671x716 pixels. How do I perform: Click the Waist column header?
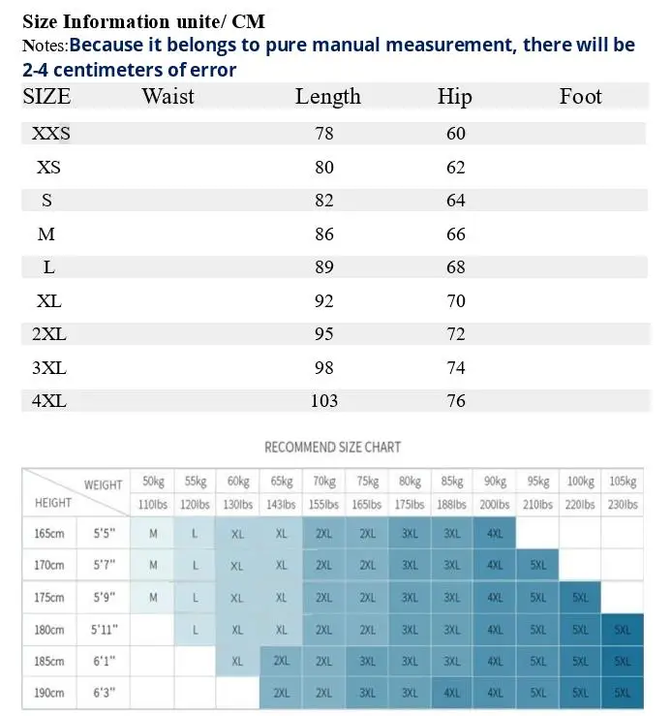[168, 96]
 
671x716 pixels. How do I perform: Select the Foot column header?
[581, 96]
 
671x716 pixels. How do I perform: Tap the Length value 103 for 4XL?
[324, 401]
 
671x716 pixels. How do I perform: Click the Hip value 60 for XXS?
[455, 134]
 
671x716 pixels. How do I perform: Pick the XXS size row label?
[51, 134]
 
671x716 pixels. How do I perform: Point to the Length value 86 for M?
[324, 234]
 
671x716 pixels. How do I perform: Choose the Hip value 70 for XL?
[455, 301]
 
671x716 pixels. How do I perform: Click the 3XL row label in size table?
[49, 367]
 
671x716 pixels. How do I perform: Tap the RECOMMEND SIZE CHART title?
[333, 447]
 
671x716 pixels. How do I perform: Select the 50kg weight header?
[153, 482]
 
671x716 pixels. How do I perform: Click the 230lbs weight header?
[623, 505]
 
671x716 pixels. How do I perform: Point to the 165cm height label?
[49, 533]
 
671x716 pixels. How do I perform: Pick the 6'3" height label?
[105, 693]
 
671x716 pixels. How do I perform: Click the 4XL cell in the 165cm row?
[495, 533]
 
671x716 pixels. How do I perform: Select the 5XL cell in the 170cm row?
[538, 565]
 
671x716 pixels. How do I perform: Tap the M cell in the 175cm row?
[153, 597]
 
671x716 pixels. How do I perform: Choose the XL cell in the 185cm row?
[237, 661]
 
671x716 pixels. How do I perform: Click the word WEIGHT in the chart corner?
[104, 485]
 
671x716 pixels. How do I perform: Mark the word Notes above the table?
[45, 46]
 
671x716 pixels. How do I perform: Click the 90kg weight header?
[495, 482]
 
